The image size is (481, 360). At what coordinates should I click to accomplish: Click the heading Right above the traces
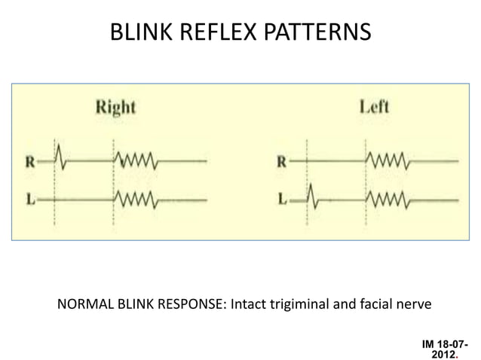(115, 107)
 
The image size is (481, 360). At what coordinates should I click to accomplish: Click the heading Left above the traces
(374, 106)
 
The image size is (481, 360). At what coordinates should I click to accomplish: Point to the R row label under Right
(28, 160)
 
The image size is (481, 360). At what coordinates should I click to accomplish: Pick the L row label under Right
(28, 200)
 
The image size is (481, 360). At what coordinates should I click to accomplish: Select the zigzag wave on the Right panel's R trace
(136, 160)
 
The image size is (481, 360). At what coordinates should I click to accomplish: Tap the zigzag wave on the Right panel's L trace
(136, 200)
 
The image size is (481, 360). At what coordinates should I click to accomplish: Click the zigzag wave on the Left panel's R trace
(388, 160)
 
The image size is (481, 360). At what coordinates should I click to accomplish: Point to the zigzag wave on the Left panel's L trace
(388, 200)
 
